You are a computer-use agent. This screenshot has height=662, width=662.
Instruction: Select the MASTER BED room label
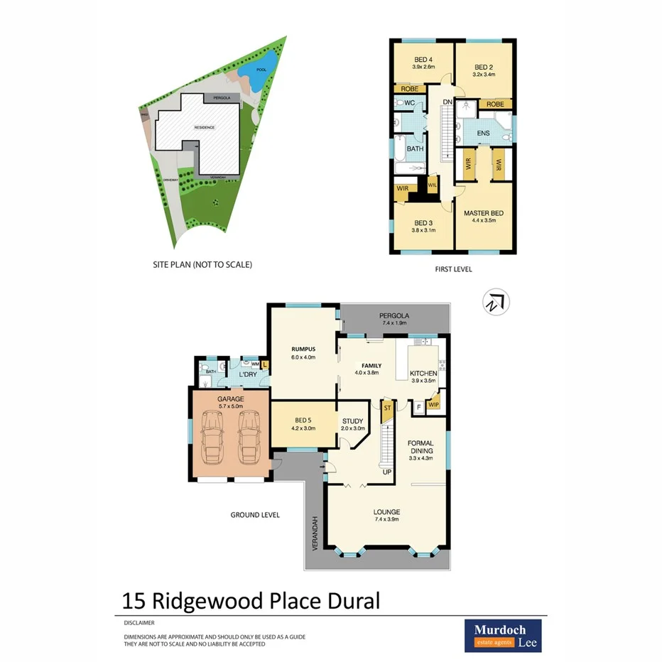tap(484, 213)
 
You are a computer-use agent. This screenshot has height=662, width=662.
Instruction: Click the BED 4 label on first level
tap(423, 60)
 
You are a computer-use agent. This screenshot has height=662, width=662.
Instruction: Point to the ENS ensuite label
tap(483, 133)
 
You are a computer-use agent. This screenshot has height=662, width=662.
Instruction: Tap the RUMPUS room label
tap(303, 349)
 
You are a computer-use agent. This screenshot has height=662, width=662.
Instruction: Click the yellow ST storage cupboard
tap(388, 410)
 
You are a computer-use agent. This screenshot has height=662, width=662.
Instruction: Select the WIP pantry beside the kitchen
tap(433, 404)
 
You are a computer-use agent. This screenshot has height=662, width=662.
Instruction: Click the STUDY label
tap(353, 420)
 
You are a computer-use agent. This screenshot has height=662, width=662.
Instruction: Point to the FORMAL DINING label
tap(420, 447)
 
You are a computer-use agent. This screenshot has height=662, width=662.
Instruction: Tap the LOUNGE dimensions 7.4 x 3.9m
tap(387, 519)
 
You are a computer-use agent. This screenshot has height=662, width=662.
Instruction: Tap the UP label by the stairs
tap(387, 472)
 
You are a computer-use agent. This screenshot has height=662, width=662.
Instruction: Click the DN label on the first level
tap(447, 102)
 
